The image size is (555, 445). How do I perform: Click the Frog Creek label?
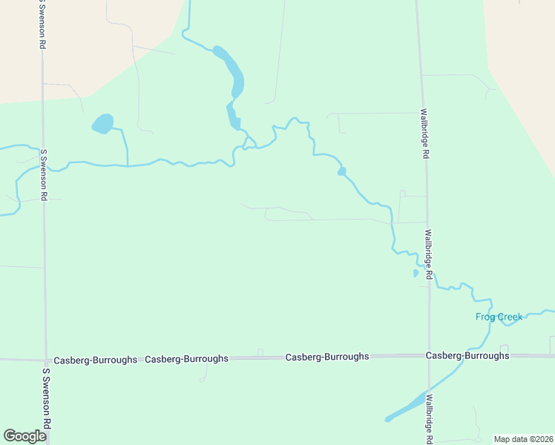pos(499,317)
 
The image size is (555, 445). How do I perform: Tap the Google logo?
pos(24,436)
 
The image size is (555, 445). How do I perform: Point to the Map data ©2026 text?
pos(523,439)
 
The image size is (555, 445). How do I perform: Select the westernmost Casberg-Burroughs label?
pos(95,360)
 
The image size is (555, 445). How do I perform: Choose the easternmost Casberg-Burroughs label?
pos(467,356)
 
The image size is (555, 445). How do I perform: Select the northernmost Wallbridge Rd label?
pos(424,135)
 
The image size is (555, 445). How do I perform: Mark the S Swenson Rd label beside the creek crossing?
pos(44,175)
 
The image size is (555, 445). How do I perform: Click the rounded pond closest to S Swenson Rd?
pos(102,123)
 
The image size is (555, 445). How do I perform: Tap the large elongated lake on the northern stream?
pos(230,70)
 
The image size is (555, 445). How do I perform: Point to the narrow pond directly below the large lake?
pos(232,117)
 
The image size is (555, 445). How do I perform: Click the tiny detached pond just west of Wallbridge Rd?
pos(416,273)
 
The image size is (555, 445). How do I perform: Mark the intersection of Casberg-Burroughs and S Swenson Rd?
pos(46,360)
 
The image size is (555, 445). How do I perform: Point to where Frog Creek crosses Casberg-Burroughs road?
pos(483,355)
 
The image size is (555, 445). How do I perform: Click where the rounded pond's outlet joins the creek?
pos(128,165)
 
